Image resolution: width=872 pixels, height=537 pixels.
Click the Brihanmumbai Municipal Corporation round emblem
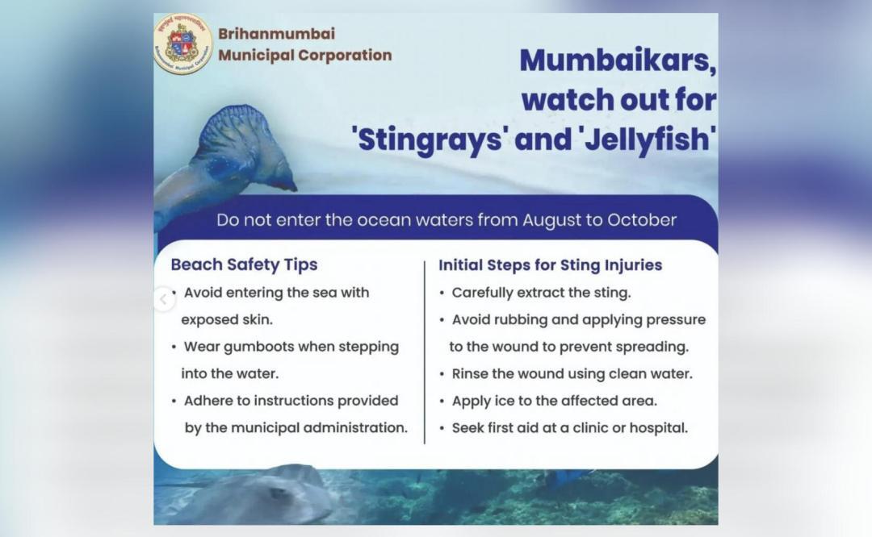point(182,44)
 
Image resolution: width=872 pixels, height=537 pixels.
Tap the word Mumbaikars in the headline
point(618,61)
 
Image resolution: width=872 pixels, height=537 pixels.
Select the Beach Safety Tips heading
point(244,264)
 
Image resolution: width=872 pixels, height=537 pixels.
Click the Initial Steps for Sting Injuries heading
point(550,264)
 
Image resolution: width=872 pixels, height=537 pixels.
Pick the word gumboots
point(256,347)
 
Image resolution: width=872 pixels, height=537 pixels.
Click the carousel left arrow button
point(163,300)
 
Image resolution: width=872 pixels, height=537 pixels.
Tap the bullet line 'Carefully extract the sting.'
point(541,293)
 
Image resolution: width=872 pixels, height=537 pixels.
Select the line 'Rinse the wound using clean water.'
point(572,374)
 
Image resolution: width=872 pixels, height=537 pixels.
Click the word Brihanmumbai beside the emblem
point(276,34)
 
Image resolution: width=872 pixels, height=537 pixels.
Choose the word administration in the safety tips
point(355,428)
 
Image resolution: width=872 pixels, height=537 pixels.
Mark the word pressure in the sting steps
point(673,320)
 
